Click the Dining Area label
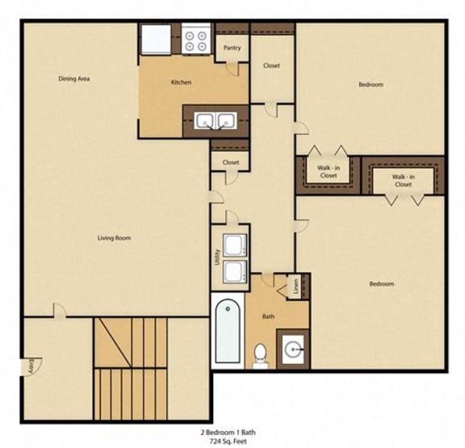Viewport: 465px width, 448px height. pyautogui.click(x=74, y=79)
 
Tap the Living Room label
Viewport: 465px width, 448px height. pyautogui.click(x=114, y=238)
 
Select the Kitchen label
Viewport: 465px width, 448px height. pyautogui.click(x=180, y=82)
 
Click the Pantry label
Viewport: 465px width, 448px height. pyautogui.click(x=232, y=48)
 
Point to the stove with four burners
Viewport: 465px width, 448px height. pyautogui.click(x=195, y=40)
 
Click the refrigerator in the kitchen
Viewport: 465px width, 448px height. pyautogui.click(x=156, y=40)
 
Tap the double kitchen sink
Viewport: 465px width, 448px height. pyautogui.click(x=215, y=121)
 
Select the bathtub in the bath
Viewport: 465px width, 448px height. pyautogui.click(x=228, y=332)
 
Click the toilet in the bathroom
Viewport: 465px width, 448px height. pyautogui.click(x=261, y=354)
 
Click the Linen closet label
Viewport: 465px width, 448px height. pyautogui.click(x=295, y=285)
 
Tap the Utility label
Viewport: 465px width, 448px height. pyautogui.click(x=217, y=257)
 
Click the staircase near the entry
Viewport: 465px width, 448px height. pyautogui.click(x=129, y=355)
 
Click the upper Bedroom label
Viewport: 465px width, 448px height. pyautogui.click(x=371, y=85)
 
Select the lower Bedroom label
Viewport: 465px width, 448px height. pyautogui.click(x=381, y=284)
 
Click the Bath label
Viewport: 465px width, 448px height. pyautogui.click(x=268, y=317)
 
